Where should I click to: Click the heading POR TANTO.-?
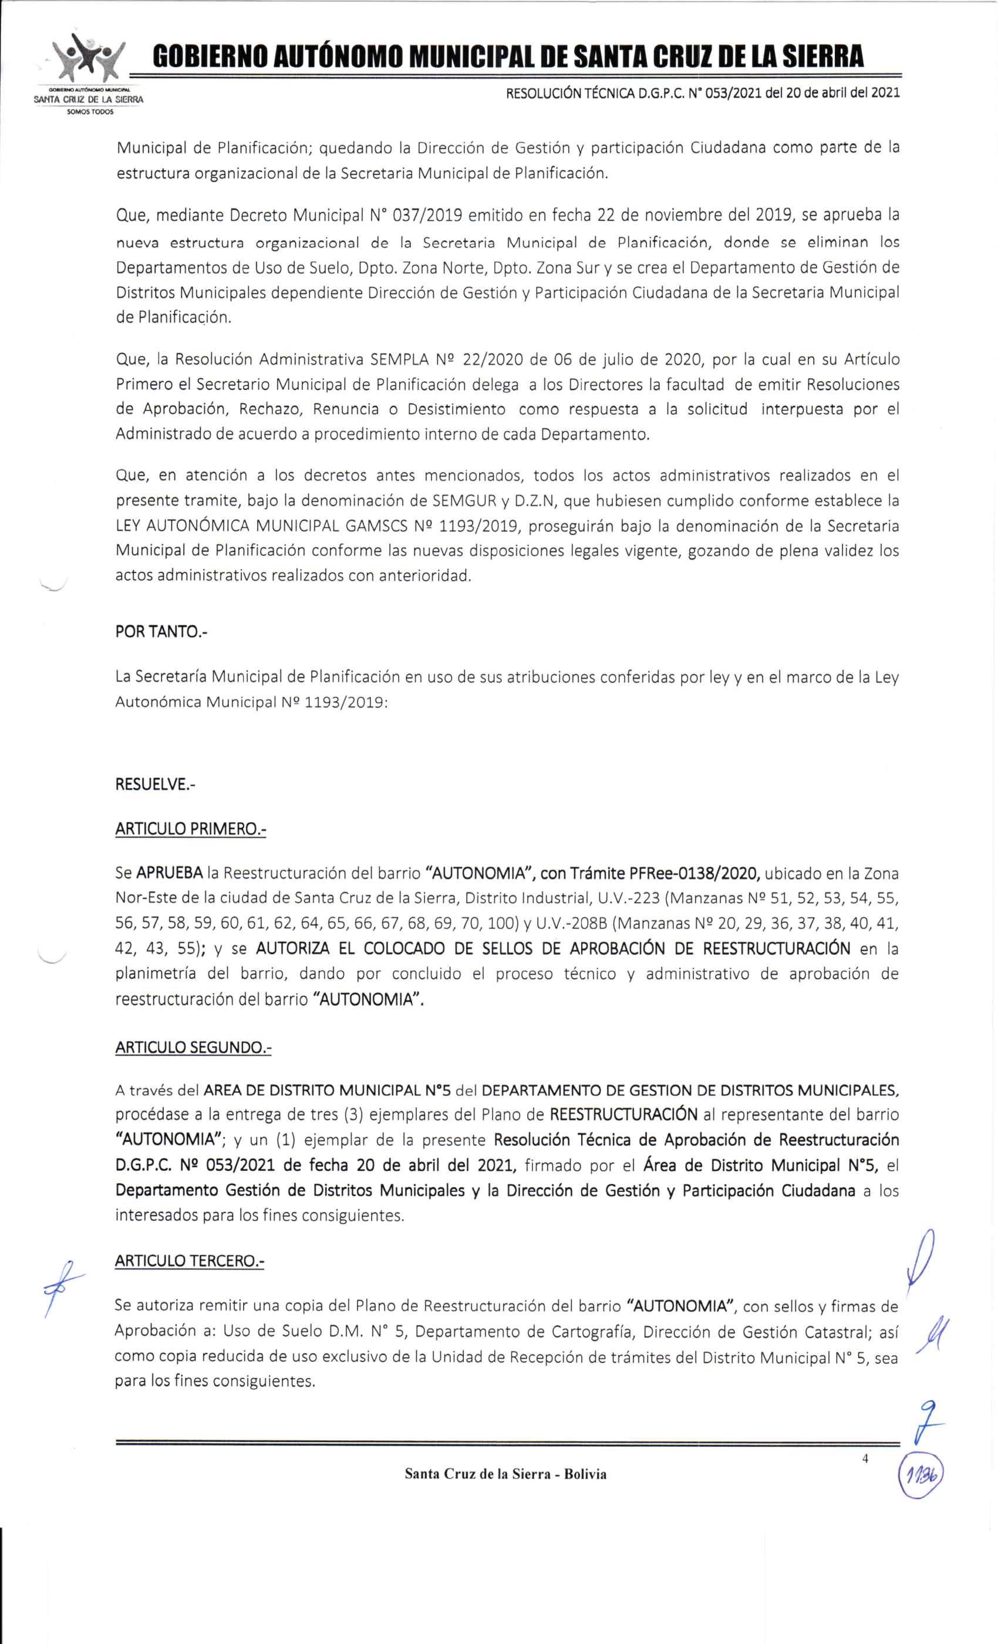pos(161,631)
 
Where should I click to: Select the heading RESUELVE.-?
pos(155,784)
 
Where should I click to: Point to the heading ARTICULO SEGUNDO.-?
pos(194,1047)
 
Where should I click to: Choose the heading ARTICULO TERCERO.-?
pos(190,1261)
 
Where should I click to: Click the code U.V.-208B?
pos(571,924)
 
